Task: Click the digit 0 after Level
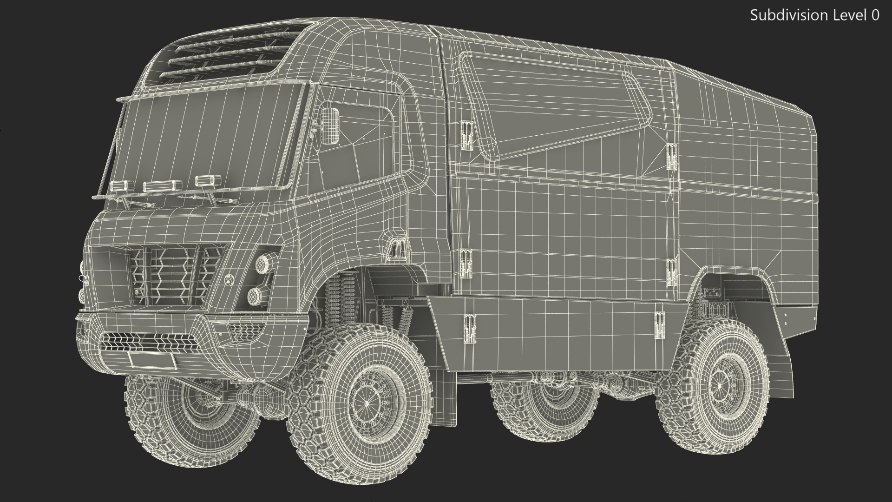tap(875, 15)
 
